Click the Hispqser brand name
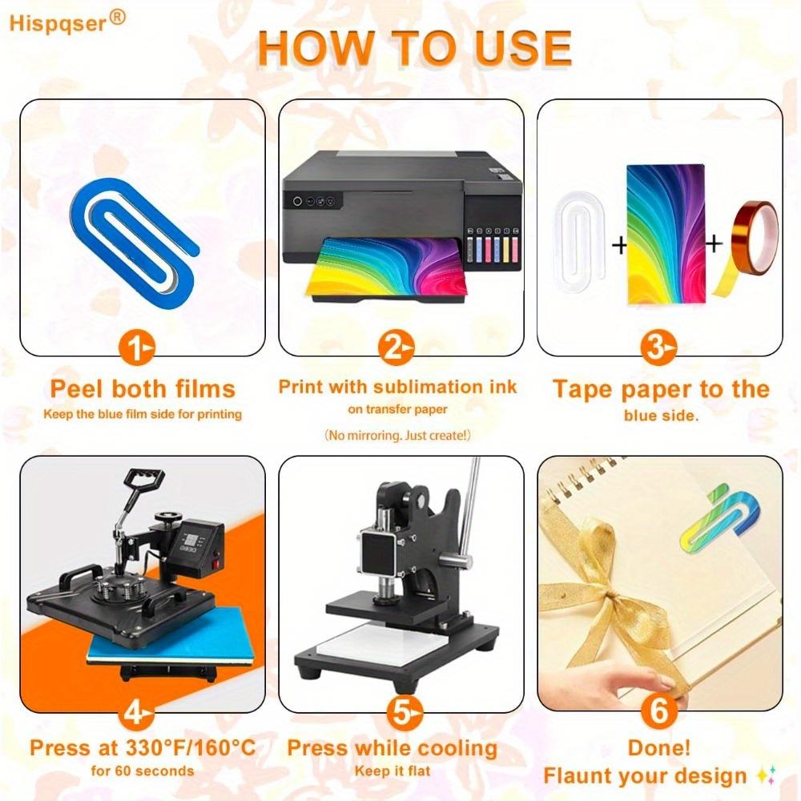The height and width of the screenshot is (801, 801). click(58, 24)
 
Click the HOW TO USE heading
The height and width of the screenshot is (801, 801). click(415, 49)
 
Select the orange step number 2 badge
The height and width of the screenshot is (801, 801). click(396, 348)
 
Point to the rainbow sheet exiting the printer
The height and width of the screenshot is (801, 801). click(387, 267)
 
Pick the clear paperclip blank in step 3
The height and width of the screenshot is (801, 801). click(579, 237)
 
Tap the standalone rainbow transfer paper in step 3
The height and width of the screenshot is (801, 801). click(666, 234)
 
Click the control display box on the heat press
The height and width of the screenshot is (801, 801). click(197, 541)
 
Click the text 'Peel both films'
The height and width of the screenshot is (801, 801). click(143, 388)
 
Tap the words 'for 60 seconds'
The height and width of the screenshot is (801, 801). click(143, 771)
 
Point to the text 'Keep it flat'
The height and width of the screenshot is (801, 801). click(392, 771)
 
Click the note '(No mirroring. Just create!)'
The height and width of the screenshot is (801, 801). click(397, 435)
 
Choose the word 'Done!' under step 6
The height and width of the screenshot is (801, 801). click(659, 748)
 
